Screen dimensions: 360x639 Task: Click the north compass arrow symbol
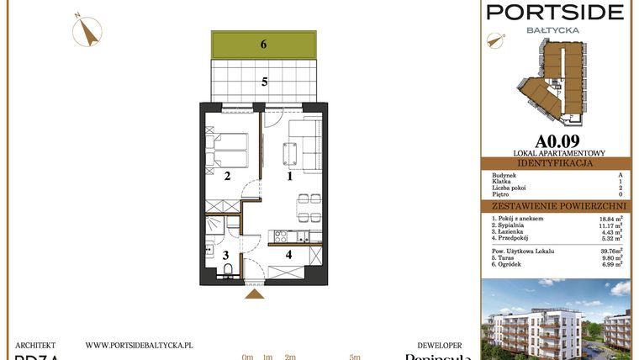coord(86,32)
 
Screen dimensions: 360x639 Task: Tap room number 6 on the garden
coord(263,45)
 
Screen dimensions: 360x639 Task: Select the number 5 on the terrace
coord(264,82)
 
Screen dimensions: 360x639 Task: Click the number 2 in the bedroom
coord(227,176)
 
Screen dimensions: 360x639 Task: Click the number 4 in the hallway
coord(288,254)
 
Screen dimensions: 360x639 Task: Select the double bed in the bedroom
coord(229,151)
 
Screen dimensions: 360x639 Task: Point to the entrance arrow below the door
coord(253,294)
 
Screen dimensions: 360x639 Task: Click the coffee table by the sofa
coord(291,154)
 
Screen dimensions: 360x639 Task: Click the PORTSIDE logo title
coord(556,12)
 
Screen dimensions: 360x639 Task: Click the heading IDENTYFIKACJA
coord(555,163)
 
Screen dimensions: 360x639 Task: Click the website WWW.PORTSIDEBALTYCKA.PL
coord(140,345)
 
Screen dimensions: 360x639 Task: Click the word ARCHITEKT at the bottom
coord(35,345)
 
